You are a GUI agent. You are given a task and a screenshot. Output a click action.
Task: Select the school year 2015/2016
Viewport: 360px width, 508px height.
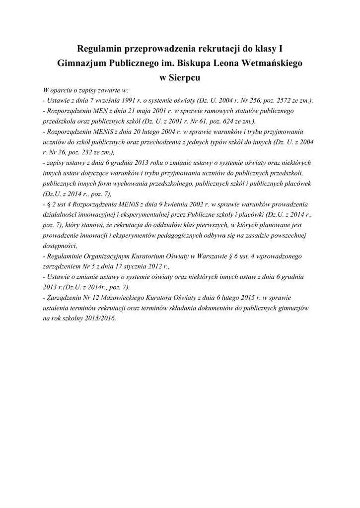(99, 318)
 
